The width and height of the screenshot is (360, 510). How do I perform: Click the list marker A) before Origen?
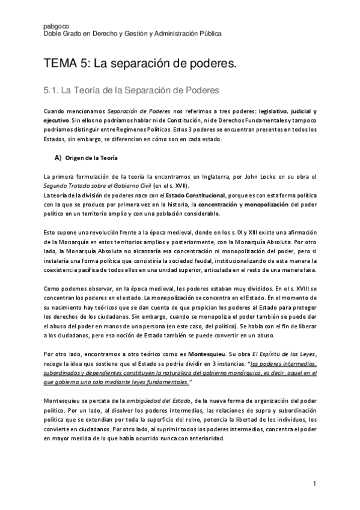58,158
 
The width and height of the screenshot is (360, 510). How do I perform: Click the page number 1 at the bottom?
314,484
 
